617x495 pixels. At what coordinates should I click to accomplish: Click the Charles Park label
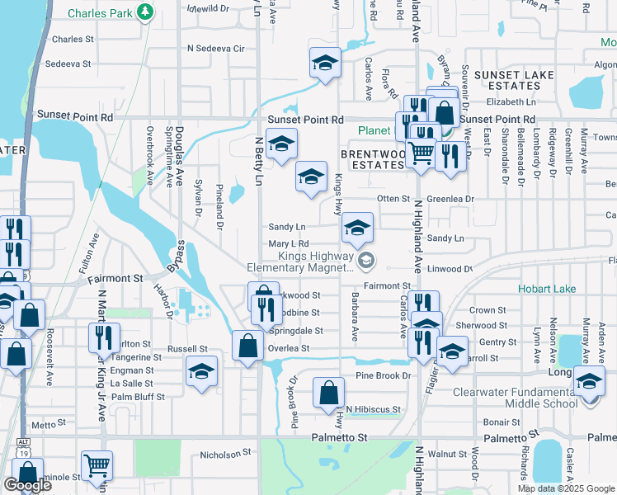100,12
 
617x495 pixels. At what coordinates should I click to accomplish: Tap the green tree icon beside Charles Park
145,12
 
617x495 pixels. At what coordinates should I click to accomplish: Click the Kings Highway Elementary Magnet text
301,262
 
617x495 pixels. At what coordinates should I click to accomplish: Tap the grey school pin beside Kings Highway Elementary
368,262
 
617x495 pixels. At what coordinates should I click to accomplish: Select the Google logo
27,484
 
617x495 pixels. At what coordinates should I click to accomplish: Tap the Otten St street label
393,199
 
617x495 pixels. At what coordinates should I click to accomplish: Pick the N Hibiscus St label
373,409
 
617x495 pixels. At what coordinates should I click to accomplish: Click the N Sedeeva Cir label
217,49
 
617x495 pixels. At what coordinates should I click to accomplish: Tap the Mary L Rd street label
288,244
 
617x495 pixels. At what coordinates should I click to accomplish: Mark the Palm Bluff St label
138,396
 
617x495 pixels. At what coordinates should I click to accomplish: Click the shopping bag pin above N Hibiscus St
328,393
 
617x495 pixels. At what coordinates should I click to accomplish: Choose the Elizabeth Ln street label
511,101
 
